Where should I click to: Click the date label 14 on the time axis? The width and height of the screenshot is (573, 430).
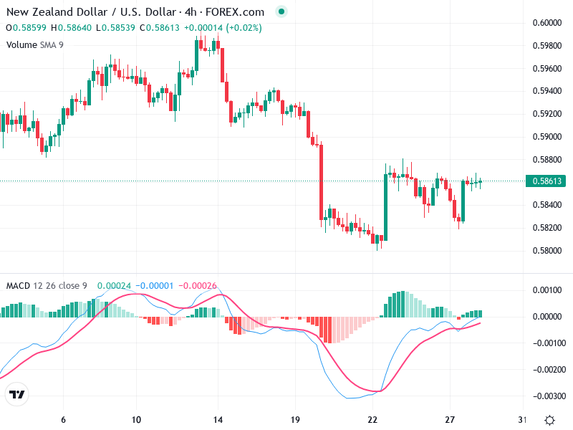coord(219,420)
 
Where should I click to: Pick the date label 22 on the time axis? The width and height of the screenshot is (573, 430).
coord(372,420)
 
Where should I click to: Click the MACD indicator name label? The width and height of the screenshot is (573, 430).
coord(19,286)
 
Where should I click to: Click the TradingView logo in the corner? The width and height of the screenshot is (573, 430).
coord(17,395)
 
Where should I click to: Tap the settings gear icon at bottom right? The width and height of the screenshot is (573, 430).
coord(549,420)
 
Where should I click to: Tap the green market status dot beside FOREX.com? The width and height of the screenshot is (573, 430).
coord(281,11)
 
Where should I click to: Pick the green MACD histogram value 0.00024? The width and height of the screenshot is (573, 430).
coord(114,286)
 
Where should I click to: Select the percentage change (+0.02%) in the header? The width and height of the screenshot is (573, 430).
coord(244,28)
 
